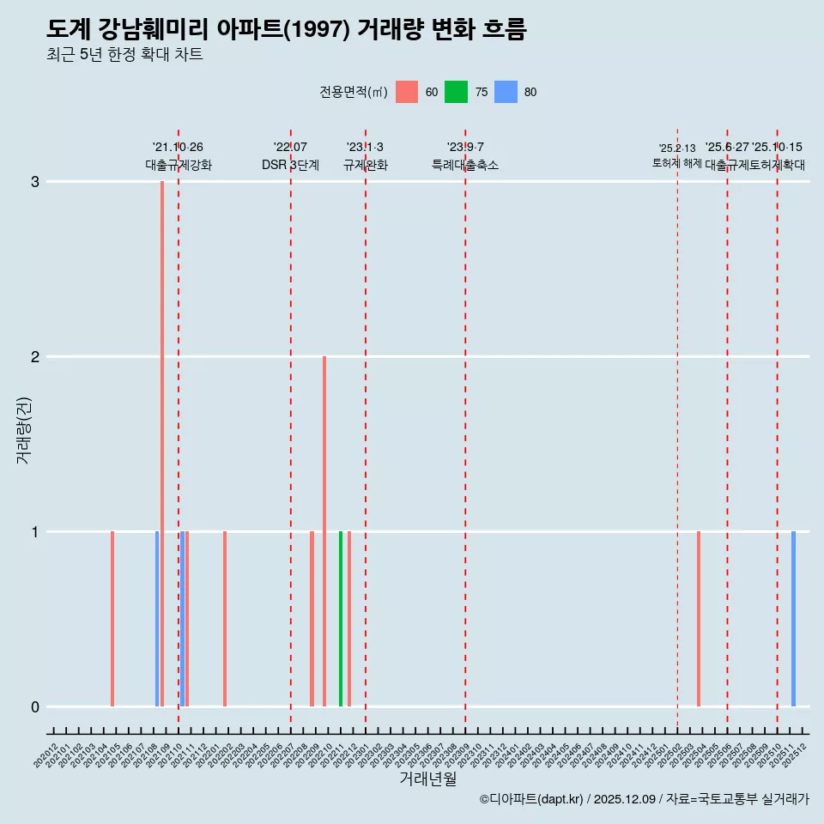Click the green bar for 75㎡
341,618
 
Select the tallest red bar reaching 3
162,443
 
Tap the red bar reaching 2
324,530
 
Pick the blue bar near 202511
793,618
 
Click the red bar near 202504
699,618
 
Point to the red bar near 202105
112,618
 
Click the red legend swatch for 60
407,92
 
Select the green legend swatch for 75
456,92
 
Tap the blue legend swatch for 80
506,92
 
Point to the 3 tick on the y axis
35,181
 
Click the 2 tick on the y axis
35,356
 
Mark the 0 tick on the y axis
35,706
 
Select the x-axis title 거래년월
427,779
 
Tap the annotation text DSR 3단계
291,165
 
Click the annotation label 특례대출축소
464,165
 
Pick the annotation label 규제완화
366,165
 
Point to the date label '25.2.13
677,148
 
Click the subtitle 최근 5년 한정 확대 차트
124,55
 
